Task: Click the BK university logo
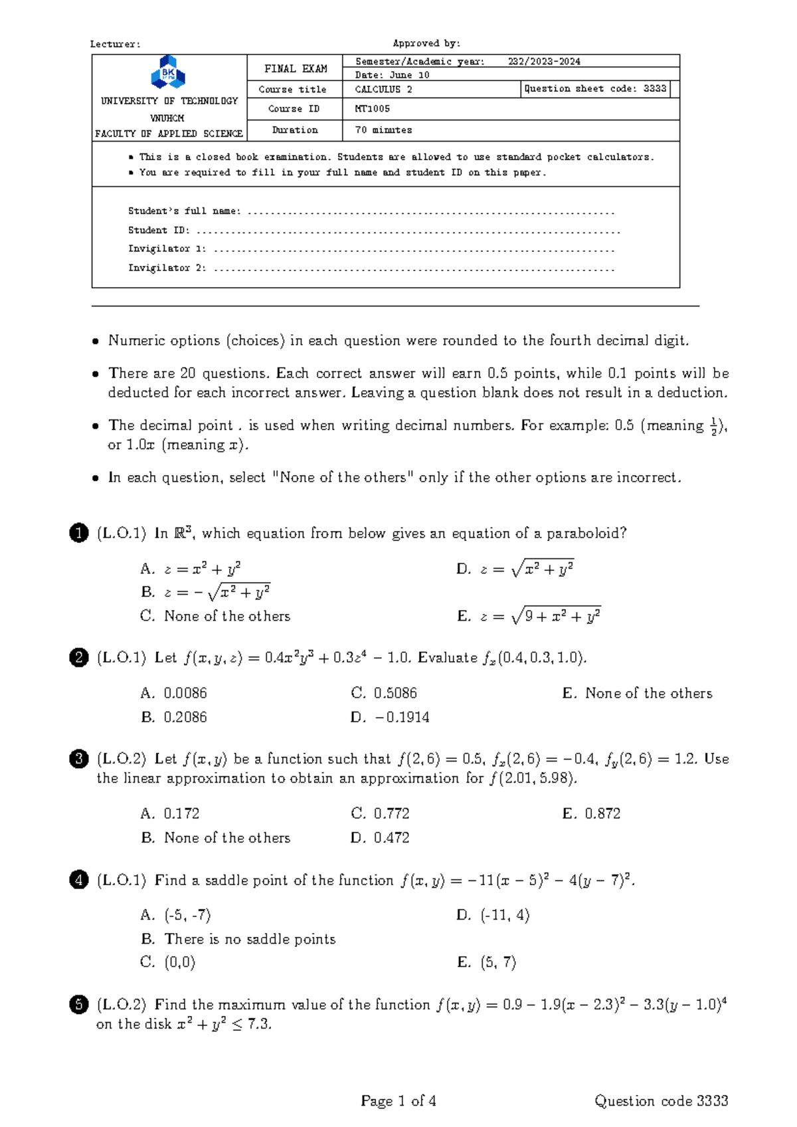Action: (168, 72)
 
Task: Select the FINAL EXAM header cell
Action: (296, 68)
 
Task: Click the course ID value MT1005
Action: (373, 108)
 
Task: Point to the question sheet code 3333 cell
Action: (595, 88)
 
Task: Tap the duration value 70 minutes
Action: (383, 130)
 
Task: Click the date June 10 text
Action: (393, 75)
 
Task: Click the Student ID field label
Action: (159, 230)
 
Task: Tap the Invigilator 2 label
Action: (167, 268)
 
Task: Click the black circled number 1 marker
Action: (78, 533)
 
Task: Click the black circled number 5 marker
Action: (78, 1004)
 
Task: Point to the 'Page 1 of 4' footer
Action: (398, 1101)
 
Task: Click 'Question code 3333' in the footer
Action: (661, 1101)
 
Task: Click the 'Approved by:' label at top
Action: (426, 43)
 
